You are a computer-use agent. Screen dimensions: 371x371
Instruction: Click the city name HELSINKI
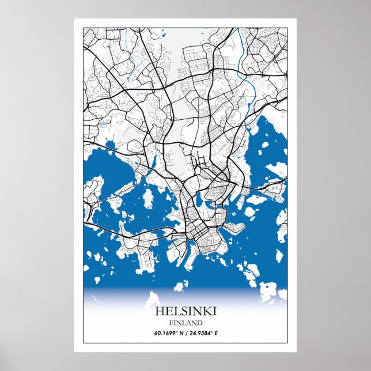coord(185,311)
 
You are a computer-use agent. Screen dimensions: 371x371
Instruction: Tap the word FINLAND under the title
coord(185,323)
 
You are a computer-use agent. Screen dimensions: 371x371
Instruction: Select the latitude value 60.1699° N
coord(166,333)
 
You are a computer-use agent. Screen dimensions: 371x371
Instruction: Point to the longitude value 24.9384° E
coord(202,333)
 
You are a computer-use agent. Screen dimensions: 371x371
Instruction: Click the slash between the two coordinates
coord(184,333)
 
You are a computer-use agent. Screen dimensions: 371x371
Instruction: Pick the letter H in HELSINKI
coord(158,311)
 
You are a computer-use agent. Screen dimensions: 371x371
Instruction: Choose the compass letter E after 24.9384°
coord(215,333)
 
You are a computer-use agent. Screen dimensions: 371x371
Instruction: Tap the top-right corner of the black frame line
coord(288,26)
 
